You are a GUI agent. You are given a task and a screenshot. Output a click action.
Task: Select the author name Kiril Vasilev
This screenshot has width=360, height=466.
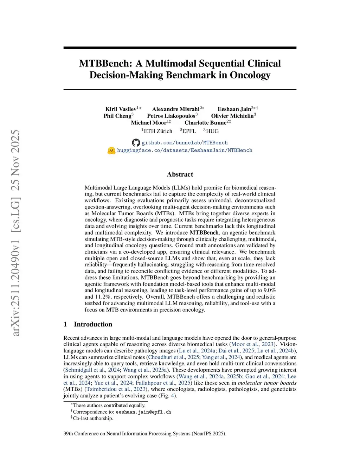point(121,109)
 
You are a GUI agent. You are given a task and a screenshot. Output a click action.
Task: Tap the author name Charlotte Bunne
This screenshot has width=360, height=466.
point(205,123)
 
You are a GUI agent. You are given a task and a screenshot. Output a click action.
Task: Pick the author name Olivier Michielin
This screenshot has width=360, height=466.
point(232,116)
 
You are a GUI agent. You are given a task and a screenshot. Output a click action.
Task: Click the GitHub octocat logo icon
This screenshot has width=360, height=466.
point(136,143)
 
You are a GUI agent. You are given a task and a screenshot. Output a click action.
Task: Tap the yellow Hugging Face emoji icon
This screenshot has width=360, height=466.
point(111,151)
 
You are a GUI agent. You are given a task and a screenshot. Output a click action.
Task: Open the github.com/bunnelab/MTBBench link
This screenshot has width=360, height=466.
point(185,143)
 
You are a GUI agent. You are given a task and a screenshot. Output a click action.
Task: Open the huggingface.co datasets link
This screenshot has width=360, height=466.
point(185,151)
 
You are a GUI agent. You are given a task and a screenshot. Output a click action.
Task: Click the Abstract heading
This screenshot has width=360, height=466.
point(180,174)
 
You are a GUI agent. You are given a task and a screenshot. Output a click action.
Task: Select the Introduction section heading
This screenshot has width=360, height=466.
point(93,324)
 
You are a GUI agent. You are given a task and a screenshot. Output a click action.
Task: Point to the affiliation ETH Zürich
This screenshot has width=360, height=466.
point(158,131)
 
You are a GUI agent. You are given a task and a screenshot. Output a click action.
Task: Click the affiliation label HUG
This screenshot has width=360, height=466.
point(212,131)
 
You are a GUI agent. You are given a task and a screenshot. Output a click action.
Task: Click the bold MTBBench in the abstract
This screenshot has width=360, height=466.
point(204,233)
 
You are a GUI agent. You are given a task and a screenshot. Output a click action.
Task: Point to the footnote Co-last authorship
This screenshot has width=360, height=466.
point(93,419)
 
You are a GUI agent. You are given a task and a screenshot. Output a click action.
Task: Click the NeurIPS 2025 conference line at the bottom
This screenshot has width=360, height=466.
point(145,434)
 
